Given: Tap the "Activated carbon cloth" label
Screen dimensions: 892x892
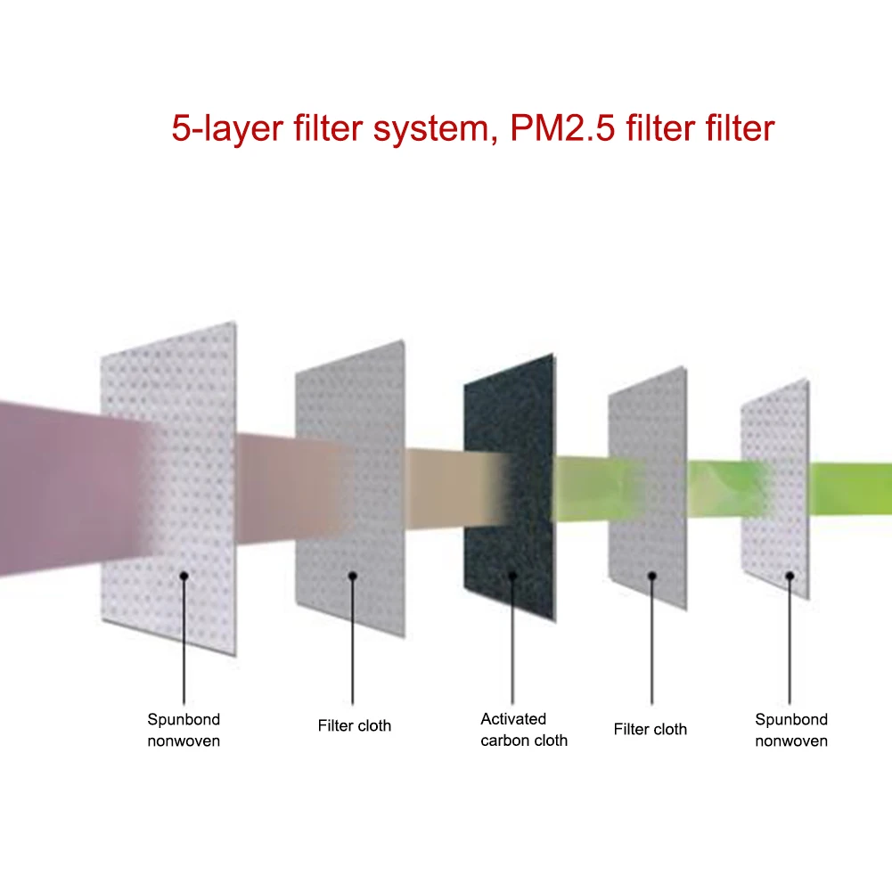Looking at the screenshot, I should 524,729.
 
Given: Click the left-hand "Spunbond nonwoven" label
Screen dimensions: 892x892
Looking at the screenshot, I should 184,730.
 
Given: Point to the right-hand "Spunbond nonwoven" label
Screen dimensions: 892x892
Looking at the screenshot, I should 791,730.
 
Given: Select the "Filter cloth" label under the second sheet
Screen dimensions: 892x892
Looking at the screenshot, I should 354,726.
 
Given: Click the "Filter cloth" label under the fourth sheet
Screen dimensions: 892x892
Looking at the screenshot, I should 651,730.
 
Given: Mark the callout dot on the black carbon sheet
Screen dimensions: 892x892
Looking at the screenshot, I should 512,576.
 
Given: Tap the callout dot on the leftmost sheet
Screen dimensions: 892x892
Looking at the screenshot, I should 184,576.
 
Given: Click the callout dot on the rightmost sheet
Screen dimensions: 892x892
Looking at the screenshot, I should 790,576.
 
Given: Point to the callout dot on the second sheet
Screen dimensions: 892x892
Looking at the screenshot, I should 352,576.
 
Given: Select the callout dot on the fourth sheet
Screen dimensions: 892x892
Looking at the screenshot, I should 651,576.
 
